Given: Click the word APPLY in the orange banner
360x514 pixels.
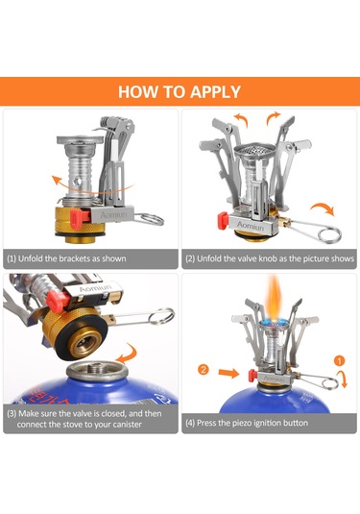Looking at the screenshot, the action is point(216,92).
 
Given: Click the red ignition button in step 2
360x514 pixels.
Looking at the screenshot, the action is point(223,220).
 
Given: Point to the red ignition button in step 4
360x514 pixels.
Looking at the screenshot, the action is point(252,376).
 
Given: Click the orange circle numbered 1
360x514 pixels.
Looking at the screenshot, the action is point(340,361).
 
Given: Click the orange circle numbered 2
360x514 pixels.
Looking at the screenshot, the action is point(204,370).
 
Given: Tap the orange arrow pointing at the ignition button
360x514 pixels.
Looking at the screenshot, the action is point(228,373).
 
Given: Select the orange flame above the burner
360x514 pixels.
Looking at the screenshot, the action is point(275,297).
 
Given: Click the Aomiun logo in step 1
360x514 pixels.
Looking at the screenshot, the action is point(113,215).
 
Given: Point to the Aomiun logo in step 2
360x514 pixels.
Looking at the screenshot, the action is point(250,226).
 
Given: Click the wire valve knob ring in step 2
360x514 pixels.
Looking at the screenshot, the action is point(330,234).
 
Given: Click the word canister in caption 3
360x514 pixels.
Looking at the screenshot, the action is point(127,425).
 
